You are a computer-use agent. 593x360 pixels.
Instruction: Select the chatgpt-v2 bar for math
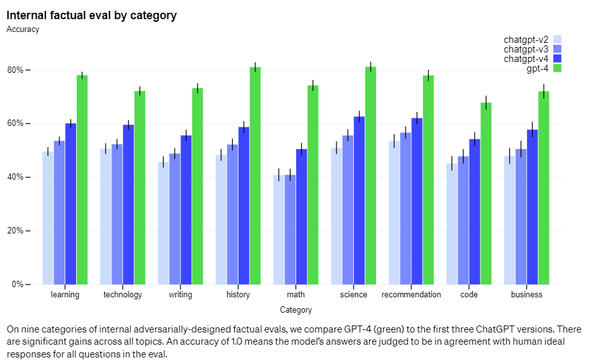click(278, 230)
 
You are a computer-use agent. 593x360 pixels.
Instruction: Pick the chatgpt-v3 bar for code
click(463, 220)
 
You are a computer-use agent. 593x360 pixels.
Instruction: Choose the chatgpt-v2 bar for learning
click(48, 217)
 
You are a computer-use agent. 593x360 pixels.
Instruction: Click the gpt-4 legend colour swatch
click(557, 68)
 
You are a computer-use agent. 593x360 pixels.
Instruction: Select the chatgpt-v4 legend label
click(526, 59)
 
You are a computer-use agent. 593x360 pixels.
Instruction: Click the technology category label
click(123, 295)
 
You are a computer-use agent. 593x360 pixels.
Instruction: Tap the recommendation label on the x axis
click(411, 295)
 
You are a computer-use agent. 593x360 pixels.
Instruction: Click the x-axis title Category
click(296, 310)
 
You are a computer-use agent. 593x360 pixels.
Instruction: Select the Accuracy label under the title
click(22, 29)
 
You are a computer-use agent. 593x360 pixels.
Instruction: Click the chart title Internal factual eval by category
click(91, 15)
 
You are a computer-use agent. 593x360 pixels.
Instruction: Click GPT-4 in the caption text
click(363, 329)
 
